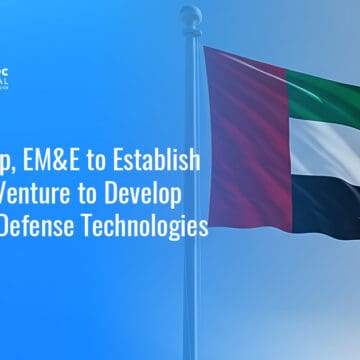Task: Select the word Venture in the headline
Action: pos(39,193)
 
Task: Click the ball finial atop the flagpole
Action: pos(191,15)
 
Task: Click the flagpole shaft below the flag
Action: pos(190,300)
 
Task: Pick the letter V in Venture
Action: pos(11,193)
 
